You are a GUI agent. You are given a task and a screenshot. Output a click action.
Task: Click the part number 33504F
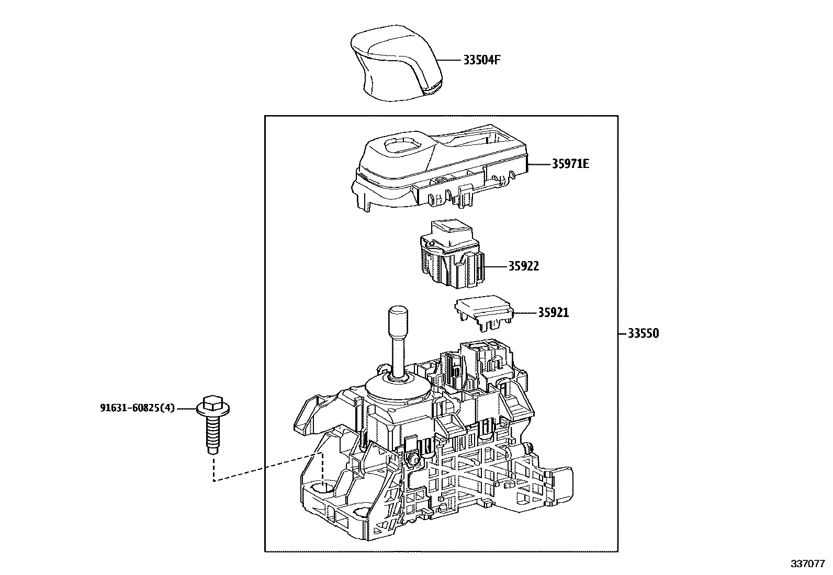(x=481, y=60)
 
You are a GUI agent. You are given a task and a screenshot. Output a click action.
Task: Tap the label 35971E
(x=570, y=164)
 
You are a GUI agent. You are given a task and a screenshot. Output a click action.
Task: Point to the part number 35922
(x=523, y=266)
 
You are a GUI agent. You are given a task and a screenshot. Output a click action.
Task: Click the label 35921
(x=554, y=313)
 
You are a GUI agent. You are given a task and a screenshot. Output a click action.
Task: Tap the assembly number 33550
(x=643, y=333)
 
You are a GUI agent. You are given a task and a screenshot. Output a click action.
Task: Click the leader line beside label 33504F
(x=449, y=60)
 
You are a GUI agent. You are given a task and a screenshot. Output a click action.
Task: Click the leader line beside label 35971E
(x=540, y=164)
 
